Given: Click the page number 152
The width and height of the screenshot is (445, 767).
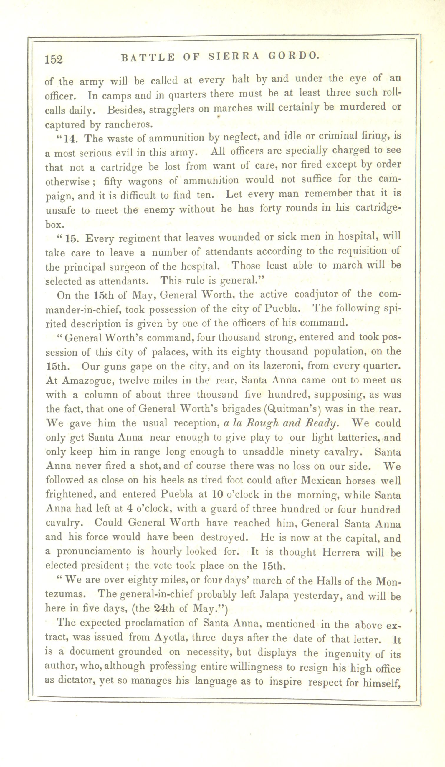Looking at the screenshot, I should click(54, 59).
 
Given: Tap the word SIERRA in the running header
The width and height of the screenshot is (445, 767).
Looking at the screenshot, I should click(234, 56).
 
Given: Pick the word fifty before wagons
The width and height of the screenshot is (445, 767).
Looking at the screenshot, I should click(113, 182).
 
